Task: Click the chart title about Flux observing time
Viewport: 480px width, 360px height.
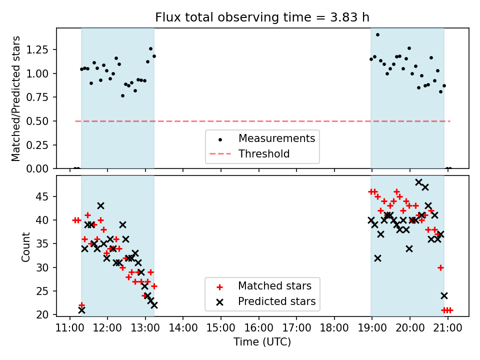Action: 262,17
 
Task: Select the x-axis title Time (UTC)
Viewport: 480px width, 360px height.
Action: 262,342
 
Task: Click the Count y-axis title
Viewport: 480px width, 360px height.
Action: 26,246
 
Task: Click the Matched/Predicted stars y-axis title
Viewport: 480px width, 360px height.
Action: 16,98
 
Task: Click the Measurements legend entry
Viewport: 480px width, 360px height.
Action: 276,138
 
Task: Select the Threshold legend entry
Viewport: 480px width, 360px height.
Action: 263,153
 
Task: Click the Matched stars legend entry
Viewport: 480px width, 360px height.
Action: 274,286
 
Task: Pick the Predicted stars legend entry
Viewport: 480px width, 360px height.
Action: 276,301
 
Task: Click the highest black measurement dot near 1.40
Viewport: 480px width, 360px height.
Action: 377,34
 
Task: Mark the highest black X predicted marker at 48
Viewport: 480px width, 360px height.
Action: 419,182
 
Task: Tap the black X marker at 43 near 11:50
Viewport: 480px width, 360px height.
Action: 100,206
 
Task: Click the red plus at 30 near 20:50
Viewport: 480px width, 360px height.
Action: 440,267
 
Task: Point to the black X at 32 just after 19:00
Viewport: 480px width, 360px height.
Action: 377,258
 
